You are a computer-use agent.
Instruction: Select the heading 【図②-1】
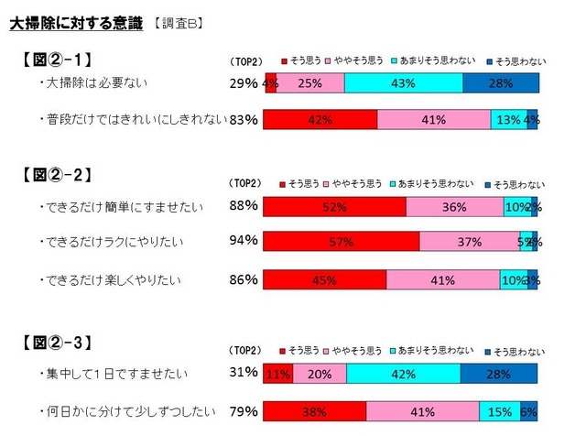pos(57,61)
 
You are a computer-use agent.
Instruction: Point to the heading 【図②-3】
pos(57,344)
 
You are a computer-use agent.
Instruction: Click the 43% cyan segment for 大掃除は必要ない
pos(403,84)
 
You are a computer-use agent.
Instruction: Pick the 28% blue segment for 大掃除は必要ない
pos(500,84)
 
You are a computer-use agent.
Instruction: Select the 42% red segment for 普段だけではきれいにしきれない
pos(320,119)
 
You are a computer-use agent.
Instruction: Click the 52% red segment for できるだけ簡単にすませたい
pos(334,207)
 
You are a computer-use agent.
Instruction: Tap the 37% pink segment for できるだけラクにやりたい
pos(469,242)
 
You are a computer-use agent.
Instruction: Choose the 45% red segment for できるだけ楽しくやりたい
pos(325,279)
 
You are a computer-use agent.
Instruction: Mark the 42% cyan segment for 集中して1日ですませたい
pos(403,374)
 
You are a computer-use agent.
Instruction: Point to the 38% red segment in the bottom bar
pos(315,411)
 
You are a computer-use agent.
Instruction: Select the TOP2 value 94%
pos(244,241)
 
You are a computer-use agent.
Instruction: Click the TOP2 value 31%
pos(244,372)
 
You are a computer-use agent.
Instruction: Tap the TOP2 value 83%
pos(244,119)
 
